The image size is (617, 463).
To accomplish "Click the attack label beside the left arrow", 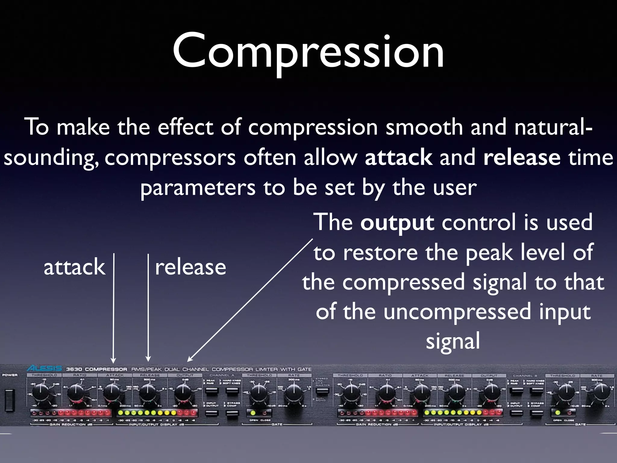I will click(74, 268).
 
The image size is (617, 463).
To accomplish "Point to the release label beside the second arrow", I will click(190, 268).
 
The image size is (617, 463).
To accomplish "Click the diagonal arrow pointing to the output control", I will click(250, 300).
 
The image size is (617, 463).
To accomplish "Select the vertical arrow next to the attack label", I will click(114, 307).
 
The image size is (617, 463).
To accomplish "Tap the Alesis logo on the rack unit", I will click(44, 368).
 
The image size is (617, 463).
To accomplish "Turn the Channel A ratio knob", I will click(77, 392).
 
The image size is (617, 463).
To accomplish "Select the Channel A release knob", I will click(147, 392).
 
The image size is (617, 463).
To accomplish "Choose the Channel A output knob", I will click(183, 392).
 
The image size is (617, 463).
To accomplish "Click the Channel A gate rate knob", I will click(293, 392).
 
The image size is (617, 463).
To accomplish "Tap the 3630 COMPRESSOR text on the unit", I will click(96, 369).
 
